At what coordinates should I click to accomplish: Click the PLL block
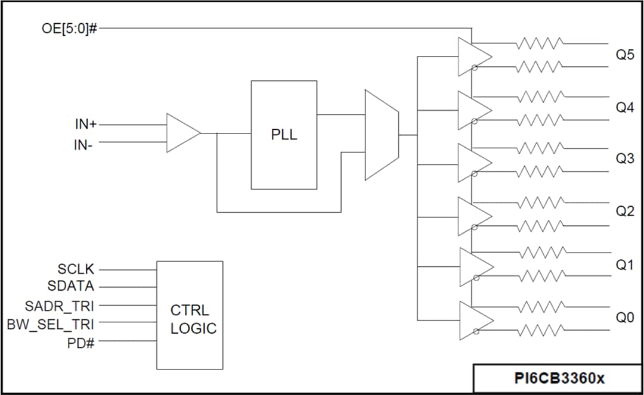[x=284, y=135]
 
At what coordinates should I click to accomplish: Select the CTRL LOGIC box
[x=190, y=315]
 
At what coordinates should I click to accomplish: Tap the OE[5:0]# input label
[x=69, y=28]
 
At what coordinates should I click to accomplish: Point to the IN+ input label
[x=85, y=125]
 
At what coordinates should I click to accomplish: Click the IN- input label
[x=83, y=145]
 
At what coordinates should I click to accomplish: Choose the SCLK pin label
[x=76, y=269]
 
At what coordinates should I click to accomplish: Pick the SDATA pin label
[x=71, y=287]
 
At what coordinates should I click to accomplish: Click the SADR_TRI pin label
[x=60, y=306]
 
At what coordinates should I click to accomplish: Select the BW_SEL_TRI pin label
[x=51, y=324]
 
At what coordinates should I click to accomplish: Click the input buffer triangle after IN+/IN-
[x=182, y=133]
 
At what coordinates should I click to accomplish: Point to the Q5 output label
[x=625, y=55]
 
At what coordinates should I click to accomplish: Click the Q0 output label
[x=625, y=318]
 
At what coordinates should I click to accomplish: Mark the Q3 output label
[x=625, y=159]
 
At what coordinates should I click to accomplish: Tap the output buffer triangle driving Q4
[x=473, y=110]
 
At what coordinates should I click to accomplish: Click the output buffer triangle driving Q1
[x=475, y=266]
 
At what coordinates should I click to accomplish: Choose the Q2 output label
[x=625, y=212]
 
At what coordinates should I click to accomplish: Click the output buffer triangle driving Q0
[x=475, y=320]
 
